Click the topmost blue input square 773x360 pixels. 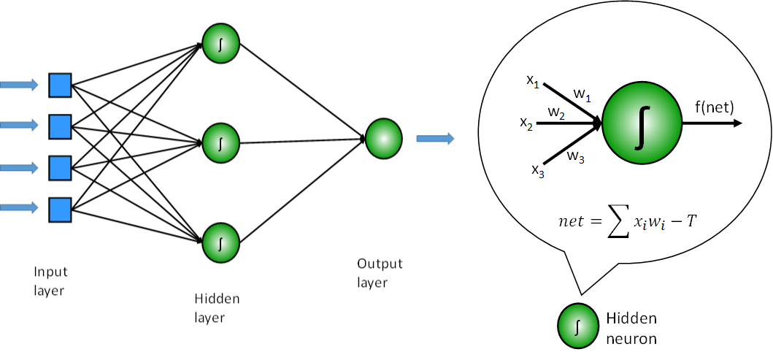(60, 85)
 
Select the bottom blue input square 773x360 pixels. (60, 210)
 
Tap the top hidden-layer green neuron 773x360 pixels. (220, 45)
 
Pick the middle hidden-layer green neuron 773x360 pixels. (220, 144)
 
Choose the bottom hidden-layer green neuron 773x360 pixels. (220, 242)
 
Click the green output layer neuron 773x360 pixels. (383, 139)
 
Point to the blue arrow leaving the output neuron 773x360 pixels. (435, 139)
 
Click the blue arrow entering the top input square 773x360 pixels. (19, 85)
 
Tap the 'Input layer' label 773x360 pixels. (51, 281)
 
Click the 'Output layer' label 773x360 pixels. (380, 272)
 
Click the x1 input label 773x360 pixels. (533, 81)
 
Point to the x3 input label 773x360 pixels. (538, 171)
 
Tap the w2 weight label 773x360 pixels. (557, 113)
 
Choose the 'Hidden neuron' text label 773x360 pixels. (631, 329)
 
